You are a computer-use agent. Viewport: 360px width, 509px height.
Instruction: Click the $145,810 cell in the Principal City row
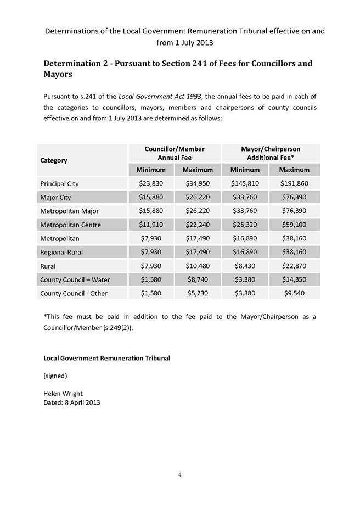[245, 183]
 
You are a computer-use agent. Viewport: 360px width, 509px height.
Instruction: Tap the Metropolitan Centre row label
[70, 225]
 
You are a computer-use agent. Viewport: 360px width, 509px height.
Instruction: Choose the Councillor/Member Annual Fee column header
[175, 153]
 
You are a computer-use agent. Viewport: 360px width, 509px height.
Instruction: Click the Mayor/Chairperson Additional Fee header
[270, 153]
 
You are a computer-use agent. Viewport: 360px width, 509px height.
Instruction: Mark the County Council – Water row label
[75, 279]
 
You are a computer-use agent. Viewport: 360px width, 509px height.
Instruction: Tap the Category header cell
[54, 160]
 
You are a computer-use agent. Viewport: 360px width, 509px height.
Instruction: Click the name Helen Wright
[63, 394]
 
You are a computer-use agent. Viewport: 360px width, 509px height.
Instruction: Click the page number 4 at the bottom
[179, 474]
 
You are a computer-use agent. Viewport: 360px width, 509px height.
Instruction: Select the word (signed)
[55, 376]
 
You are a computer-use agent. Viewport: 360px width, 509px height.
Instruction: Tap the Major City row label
[55, 197]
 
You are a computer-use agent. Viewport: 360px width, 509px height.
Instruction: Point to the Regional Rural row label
[62, 252]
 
